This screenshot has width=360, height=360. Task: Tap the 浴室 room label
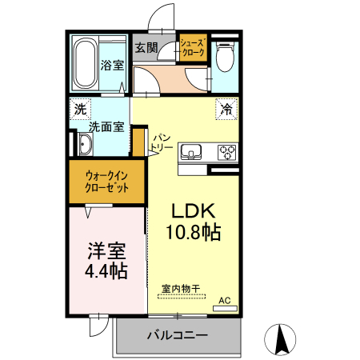point(111,66)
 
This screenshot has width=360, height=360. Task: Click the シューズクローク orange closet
point(193,48)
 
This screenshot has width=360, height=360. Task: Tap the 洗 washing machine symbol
point(80,109)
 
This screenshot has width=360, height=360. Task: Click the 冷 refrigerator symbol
point(226,109)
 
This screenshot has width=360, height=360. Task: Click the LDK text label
point(193,210)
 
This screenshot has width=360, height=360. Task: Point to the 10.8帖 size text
point(193,233)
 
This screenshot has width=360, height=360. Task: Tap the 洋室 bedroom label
point(107,250)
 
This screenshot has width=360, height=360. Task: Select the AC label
point(225,301)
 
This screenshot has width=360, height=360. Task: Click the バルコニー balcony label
point(177,334)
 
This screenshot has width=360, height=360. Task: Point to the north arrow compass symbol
point(281,339)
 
